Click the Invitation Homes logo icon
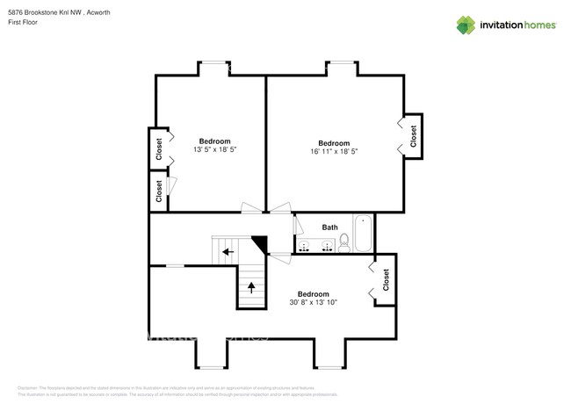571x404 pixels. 466,25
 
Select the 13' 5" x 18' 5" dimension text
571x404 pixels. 215,150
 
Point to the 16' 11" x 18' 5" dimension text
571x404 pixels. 334,151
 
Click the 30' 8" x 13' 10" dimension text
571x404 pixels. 314,302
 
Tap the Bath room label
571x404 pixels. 329,227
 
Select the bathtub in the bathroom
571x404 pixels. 364,234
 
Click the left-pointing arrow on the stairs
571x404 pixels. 228,252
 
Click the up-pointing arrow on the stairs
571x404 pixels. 251,286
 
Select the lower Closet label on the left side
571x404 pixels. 159,191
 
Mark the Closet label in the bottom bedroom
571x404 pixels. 386,280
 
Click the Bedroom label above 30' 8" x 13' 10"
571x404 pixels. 313,293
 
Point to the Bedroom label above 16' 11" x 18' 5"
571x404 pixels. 334,142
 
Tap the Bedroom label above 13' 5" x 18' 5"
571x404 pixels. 214,141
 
